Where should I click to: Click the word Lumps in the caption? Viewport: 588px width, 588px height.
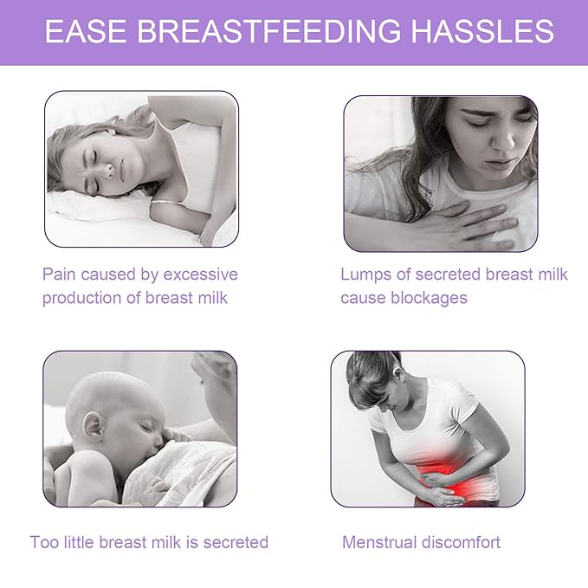[362, 275]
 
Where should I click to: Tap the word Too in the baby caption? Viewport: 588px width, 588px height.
[44, 543]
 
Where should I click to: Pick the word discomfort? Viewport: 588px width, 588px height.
[465, 543]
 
